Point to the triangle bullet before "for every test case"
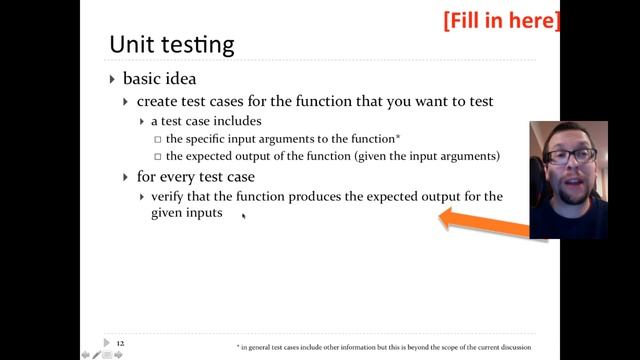(x=125, y=176)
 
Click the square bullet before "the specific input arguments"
(x=157, y=139)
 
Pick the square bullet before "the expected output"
(x=157, y=156)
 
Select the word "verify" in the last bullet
(x=171, y=197)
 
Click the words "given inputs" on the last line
(x=186, y=213)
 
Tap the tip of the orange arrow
(x=440, y=218)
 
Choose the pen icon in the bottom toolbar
(x=95, y=354)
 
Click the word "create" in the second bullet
(x=156, y=101)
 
